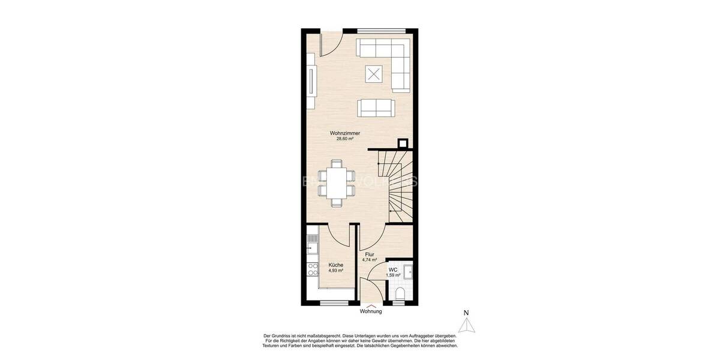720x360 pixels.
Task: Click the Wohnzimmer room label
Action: [344, 133]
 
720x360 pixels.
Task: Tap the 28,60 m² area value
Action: [344, 139]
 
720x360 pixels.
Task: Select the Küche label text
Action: [335, 265]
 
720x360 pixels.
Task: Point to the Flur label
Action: [370, 254]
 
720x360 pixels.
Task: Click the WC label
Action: [393, 269]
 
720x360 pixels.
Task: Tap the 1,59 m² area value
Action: [393, 275]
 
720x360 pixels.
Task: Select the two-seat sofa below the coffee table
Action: [376, 108]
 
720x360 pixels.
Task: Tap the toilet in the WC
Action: [401, 293]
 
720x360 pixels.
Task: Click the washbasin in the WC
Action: [407, 271]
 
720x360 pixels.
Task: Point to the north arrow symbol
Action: [466, 324]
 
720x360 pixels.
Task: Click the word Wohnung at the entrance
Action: [371, 311]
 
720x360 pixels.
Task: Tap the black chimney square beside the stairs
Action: [403, 143]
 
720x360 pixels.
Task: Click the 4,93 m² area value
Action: [335, 271]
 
